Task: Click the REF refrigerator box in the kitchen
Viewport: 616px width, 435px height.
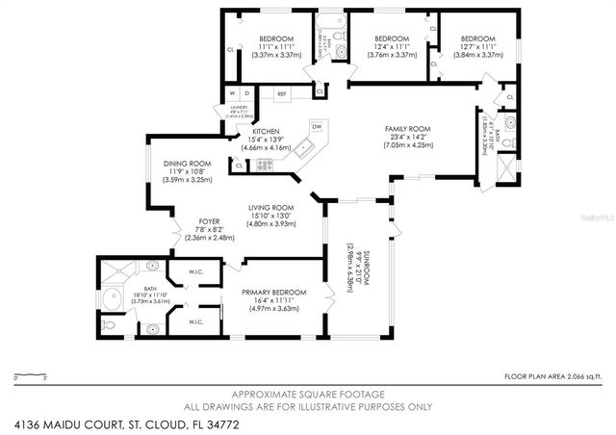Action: pyautogui.click(x=282, y=94)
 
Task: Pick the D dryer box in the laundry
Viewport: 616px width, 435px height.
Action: pyautogui.click(x=246, y=93)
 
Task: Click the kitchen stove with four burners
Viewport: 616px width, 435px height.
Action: pyautogui.click(x=264, y=166)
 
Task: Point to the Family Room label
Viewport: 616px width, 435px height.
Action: pyautogui.click(x=408, y=129)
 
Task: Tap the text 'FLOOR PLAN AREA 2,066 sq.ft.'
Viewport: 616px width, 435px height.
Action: pyautogui.click(x=553, y=375)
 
